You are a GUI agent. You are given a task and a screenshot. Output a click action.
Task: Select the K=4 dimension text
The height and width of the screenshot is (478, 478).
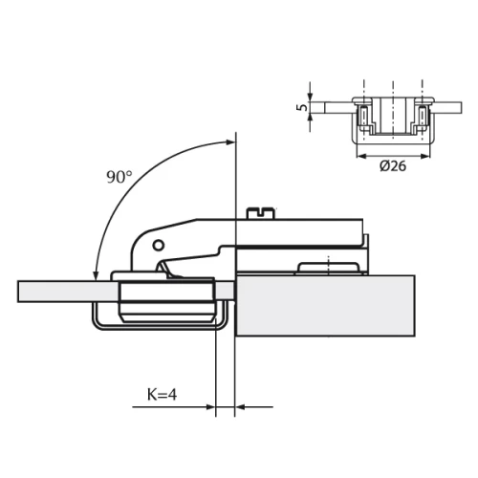164,393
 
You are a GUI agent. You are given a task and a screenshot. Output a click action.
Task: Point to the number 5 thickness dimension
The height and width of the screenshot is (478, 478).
302,108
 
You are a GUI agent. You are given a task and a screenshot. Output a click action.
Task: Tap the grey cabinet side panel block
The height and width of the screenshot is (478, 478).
325,306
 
